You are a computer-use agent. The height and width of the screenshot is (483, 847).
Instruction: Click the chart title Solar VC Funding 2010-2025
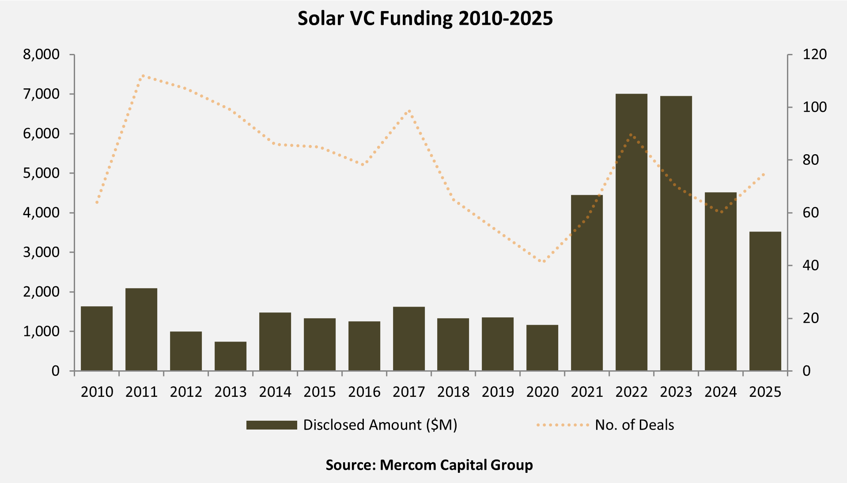[x=425, y=19]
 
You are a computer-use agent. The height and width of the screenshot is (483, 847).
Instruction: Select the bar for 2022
[x=631, y=232]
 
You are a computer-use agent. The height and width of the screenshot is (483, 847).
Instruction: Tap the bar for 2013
[x=231, y=356]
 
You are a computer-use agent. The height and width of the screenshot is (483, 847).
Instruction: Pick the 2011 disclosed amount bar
[x=141, y=329]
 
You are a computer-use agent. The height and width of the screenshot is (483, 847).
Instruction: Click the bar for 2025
[x=765, y=301]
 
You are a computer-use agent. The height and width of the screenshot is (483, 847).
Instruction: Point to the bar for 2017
[x=409, y=338]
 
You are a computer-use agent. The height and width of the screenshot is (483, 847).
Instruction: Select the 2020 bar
[x=542, y=348]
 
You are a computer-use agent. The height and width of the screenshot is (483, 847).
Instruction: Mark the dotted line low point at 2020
[x=543, y=261]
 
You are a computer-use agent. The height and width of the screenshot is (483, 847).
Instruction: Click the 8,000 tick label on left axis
[x=41, y=54]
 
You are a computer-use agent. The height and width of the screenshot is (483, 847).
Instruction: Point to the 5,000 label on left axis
[x=41, y=173]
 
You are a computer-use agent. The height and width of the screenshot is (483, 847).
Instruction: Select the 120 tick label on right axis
[x=815, y=54]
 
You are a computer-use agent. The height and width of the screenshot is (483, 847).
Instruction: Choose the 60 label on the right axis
[x=811, y=213]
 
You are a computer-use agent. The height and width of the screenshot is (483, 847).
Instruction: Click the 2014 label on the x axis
[x=275, y=392]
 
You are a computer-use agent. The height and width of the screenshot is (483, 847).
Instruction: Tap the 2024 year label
[x=721, y=392]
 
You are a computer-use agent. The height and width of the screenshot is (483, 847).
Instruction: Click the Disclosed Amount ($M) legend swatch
[x=272, y=425]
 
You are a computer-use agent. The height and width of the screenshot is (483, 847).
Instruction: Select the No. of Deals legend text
[x=634, y=425]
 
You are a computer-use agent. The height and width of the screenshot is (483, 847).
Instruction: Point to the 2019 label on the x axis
[x=498, y=392]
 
